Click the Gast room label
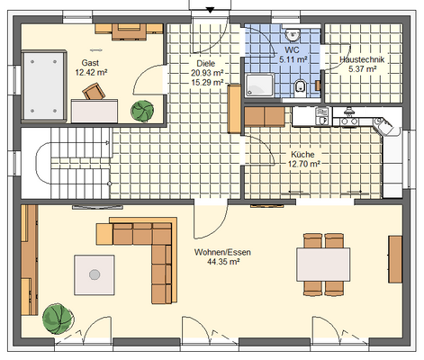tap(90, 63)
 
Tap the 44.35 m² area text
tap(223, 262)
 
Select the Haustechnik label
tap(362, 59)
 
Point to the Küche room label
tap(302, 155)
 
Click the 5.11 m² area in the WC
tap(293, 59)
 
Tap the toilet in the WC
tap(300, 87)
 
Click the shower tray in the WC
tap(259, 85)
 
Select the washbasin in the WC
tap(293, 34)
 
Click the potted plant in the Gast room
tap(142, 111)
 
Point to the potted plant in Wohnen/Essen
tap(58, 319)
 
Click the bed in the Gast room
tap(44, 86)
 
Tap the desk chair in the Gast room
tap(94, 91)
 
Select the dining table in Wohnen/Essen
tap(323, 265)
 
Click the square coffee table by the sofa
tap(95, 274)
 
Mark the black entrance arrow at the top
tap(211, 11)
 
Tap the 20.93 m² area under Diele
tap(207, 73)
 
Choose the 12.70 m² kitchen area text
tap(303, 164)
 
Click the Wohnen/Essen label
tap(222, 252)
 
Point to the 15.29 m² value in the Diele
tap(207, 82)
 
